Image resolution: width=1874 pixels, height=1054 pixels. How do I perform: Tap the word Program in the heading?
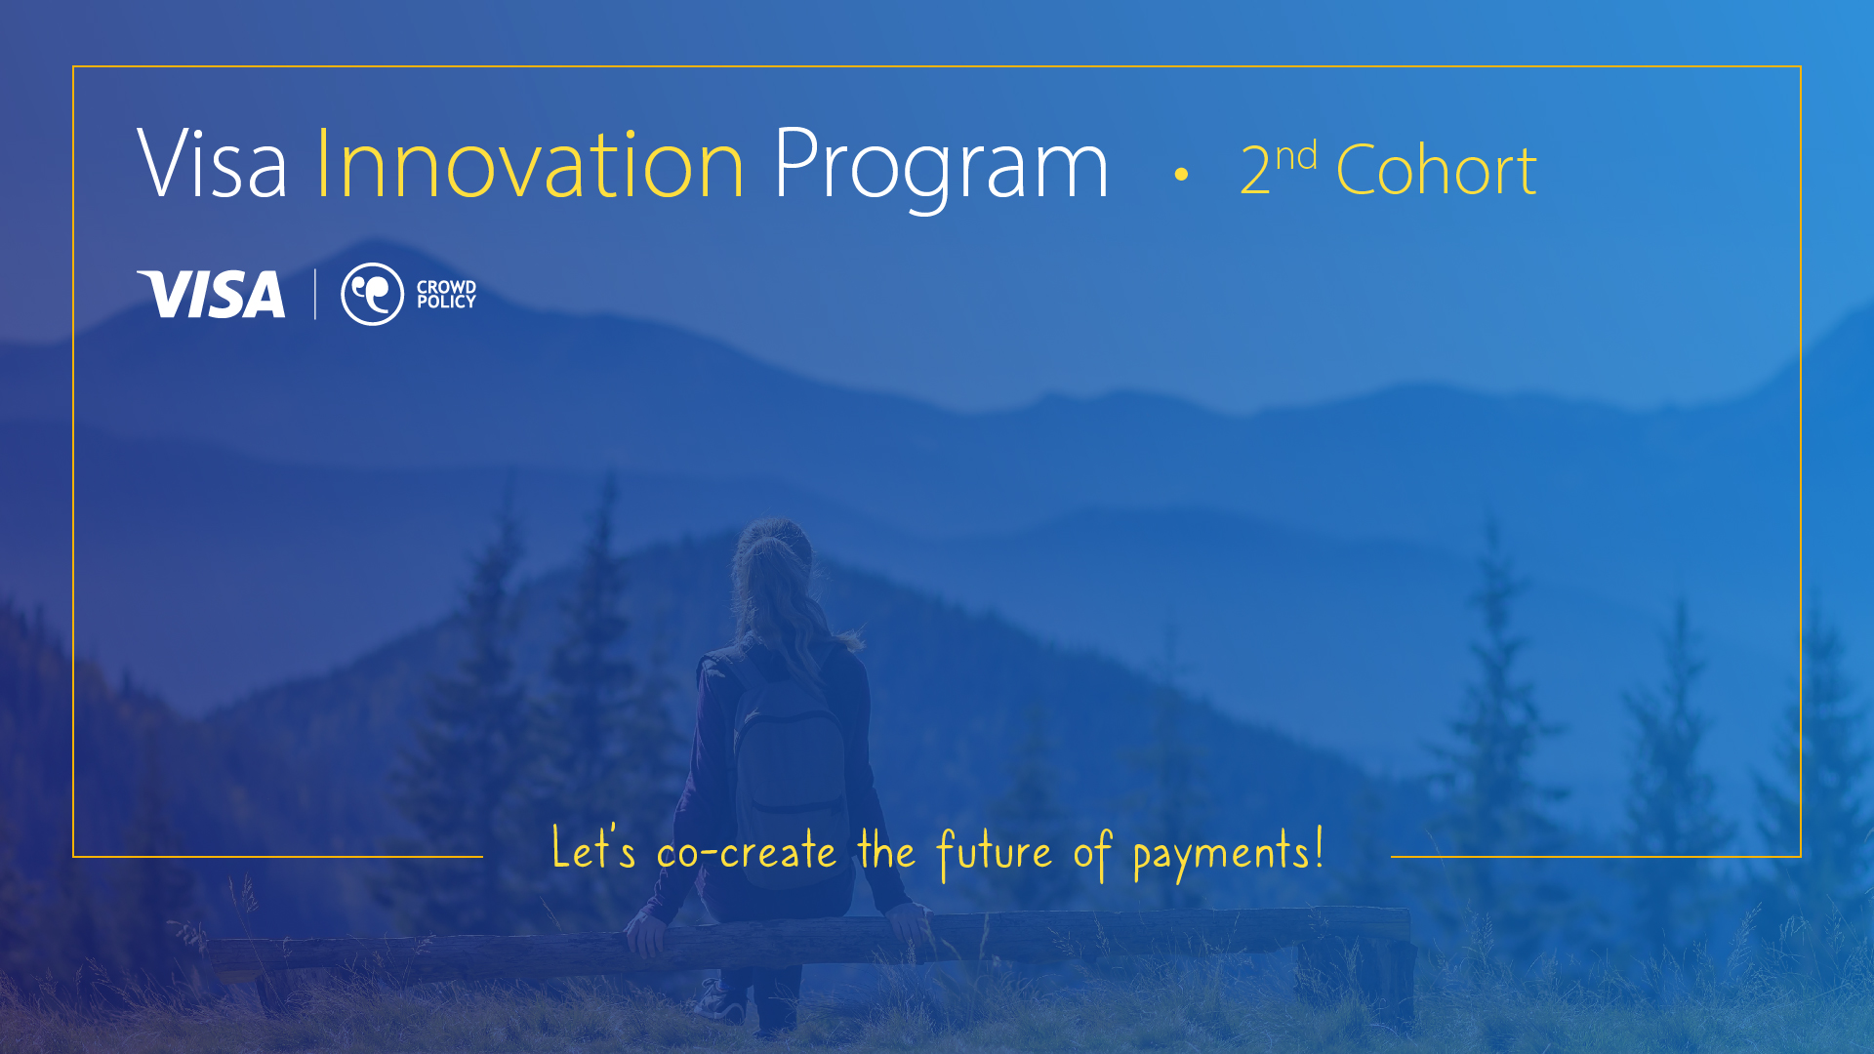941,168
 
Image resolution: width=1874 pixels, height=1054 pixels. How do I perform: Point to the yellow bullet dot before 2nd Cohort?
1181,175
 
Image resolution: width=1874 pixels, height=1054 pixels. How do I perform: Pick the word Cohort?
1437,170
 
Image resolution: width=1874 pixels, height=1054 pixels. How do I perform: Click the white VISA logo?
211,294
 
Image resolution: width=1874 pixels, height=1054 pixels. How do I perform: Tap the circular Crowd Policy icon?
372,294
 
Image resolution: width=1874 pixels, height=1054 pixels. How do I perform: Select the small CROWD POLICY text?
446,294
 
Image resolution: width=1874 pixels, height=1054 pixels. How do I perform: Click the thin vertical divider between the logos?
314,294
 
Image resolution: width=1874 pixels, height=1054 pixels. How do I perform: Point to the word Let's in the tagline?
593,847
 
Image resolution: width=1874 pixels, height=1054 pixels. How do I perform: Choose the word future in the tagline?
994,853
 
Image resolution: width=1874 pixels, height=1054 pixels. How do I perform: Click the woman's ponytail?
781,586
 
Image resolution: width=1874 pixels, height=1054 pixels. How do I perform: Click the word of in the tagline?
1092,853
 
